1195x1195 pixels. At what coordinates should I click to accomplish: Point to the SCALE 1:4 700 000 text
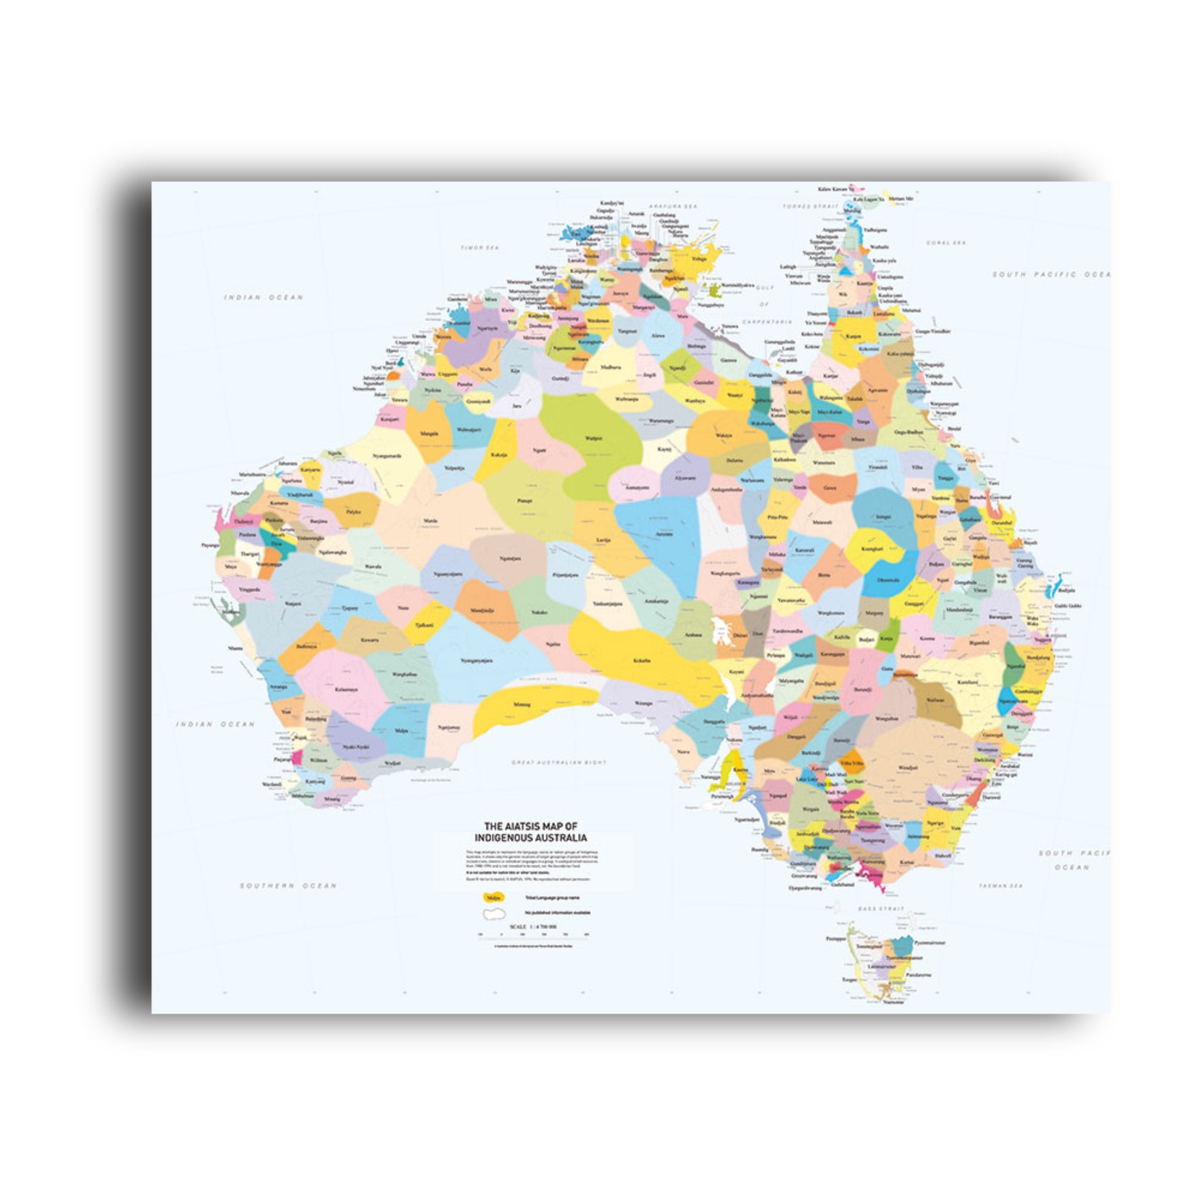click(533, 927)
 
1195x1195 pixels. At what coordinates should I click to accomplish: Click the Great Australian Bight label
click(559, 763)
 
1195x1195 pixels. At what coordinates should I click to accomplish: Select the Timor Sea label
click(479, 247)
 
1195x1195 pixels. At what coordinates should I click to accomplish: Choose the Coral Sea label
click(946, 243)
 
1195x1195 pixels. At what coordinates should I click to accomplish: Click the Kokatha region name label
click(642, 660)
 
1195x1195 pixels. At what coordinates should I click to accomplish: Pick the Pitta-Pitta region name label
click(778, 517)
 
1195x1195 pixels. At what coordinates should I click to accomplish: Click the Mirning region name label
click(522, 704)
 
